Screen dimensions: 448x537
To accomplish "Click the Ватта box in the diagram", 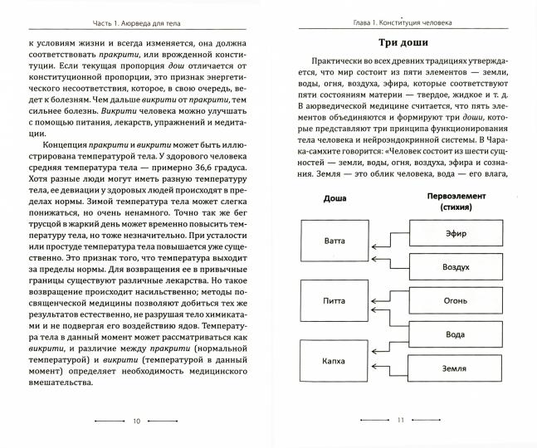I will click(330, 241).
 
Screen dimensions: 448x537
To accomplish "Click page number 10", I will click(135, 421).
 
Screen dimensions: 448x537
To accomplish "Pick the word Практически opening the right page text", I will click(336, 62).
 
